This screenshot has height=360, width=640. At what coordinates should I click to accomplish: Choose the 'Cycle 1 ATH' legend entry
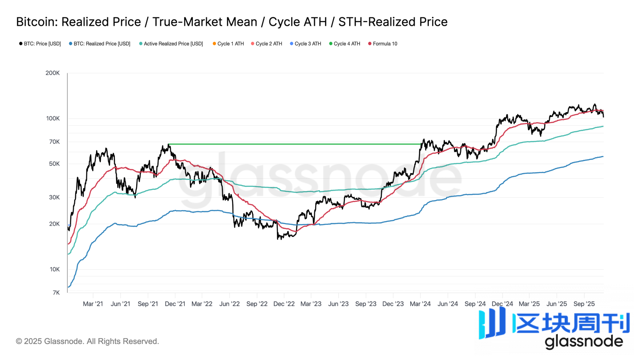coord(228,44)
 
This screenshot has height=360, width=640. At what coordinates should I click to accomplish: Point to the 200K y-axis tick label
coord(52,73)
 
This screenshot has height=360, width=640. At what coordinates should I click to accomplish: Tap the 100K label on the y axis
coord(53,119)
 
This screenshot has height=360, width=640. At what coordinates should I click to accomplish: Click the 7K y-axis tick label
coord(56,293)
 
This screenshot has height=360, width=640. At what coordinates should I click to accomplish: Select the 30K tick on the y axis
coord(54,197)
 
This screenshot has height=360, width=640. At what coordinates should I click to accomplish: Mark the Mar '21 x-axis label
coord(93,304)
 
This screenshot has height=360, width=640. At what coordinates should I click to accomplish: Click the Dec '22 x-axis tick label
coord(284,304)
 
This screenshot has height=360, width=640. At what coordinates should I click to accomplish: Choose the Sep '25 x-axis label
coord(584,304)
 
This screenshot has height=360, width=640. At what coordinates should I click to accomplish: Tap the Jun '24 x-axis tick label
coord(447,304)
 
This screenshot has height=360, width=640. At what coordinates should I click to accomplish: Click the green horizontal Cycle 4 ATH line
coord(293,144)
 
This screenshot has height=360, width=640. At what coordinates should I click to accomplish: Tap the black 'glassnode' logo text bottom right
coord(584,342)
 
